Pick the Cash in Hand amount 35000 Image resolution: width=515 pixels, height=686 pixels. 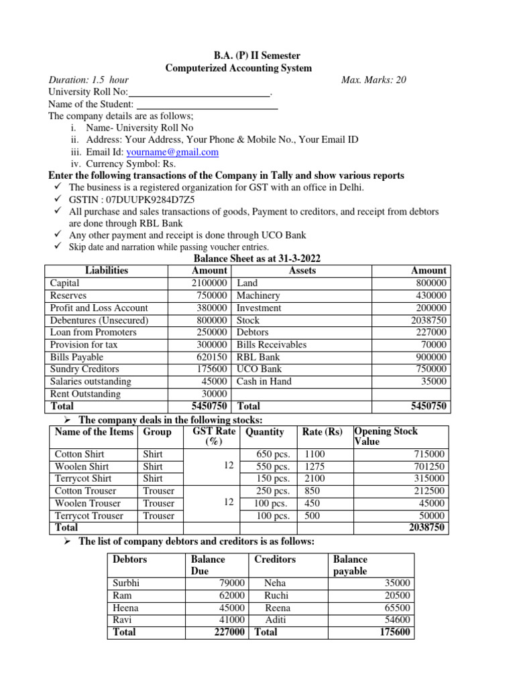(x=433, y=381)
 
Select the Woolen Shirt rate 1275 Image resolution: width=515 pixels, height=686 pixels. (x=314, y=466)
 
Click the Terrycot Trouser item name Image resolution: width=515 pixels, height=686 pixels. (x=89, y=516)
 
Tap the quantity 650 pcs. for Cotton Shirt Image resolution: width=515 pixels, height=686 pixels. (x=273, y=454)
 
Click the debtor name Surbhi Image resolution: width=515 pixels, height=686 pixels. (x=127, y=584)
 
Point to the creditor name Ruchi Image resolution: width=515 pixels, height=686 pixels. (x=276, y=596)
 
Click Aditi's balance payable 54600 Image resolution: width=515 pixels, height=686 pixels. (x=397, y=620)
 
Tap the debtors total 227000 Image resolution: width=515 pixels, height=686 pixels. (x=227, y=632)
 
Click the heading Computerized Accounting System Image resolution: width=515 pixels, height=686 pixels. (x=238, y=68)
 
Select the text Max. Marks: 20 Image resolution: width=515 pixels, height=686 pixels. (x=374, y=80)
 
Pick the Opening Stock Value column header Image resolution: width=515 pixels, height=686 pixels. (x=386, y=436)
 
